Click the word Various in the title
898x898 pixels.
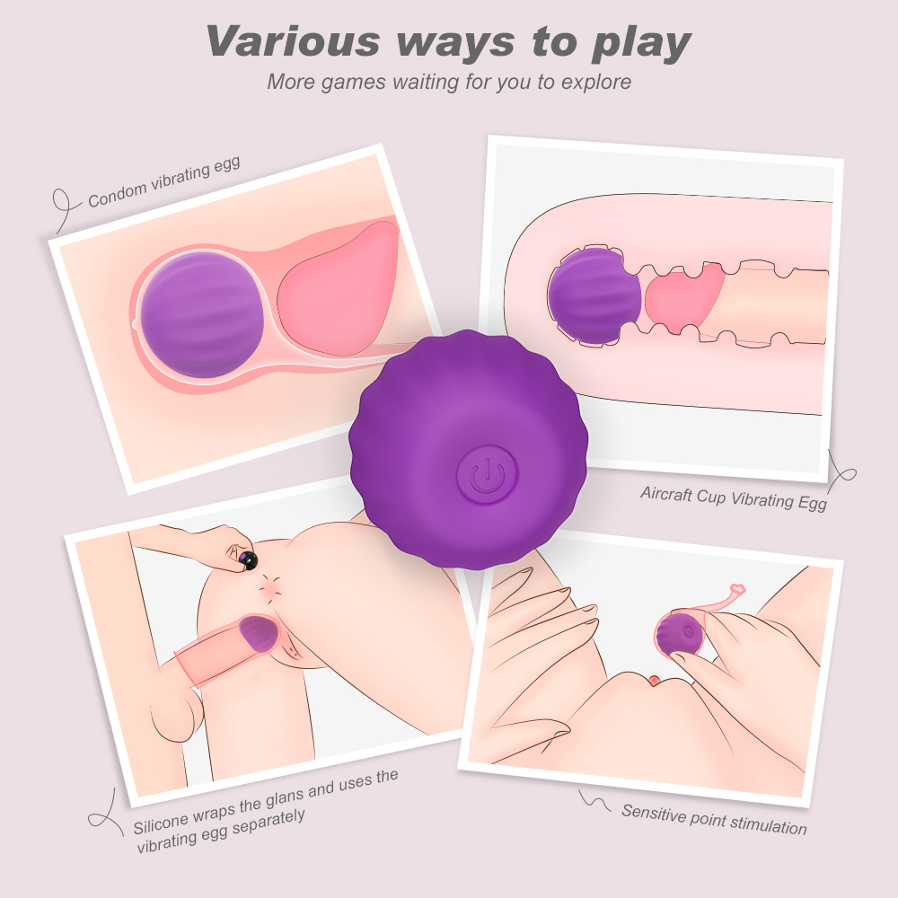pyautogui.click(x=294, y=41)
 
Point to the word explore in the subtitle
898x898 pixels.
pyautogui.click(x=595, y=83)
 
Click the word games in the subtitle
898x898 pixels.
pyautogui.click(x=353, y=83)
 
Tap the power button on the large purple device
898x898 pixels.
pyautogui.click(x=487, y=475)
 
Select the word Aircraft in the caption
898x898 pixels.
pyautogui.click(x=666, y=494)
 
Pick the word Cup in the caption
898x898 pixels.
pyautogui.click(x=711, y=497)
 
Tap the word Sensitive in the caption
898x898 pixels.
pyautogui.click(x=654, y=814)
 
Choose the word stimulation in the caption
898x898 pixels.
pyautogui.click(x=769, y=825)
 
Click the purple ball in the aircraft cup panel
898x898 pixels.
pyautogui.click(x=594, y=296)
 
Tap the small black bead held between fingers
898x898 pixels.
pyautogui.click(x=249, y=560)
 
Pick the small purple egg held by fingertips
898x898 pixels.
pyautogui.click(x=681, y=635)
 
